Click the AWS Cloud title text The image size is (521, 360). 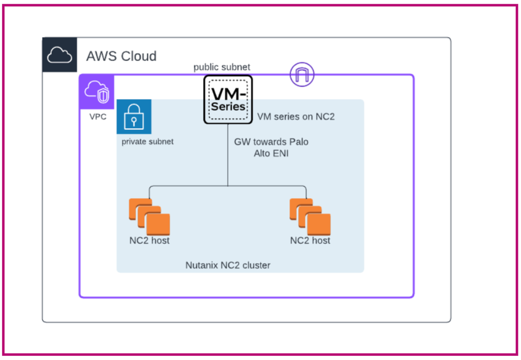click(121, 56)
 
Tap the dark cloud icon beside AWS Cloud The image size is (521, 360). click(59, 55)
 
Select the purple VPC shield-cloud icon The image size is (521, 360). click(96, 92)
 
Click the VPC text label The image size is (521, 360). click(98, 116)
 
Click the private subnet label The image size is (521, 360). click(148, 141)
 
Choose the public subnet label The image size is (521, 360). click(222, 67)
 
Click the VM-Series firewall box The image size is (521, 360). click(228, 99)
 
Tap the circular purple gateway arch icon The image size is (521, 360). click(302, 75)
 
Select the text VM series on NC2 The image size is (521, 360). click(296, 117)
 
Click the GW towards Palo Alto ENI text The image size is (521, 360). click(271, 147)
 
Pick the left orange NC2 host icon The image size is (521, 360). click(149, 217)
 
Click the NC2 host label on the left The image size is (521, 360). click(149, 241)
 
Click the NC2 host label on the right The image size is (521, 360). click(310, 241)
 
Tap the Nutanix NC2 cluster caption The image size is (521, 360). click(228, 265)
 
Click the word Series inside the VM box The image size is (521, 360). click(228, 106)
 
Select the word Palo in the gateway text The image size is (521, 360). click(299, 142)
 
